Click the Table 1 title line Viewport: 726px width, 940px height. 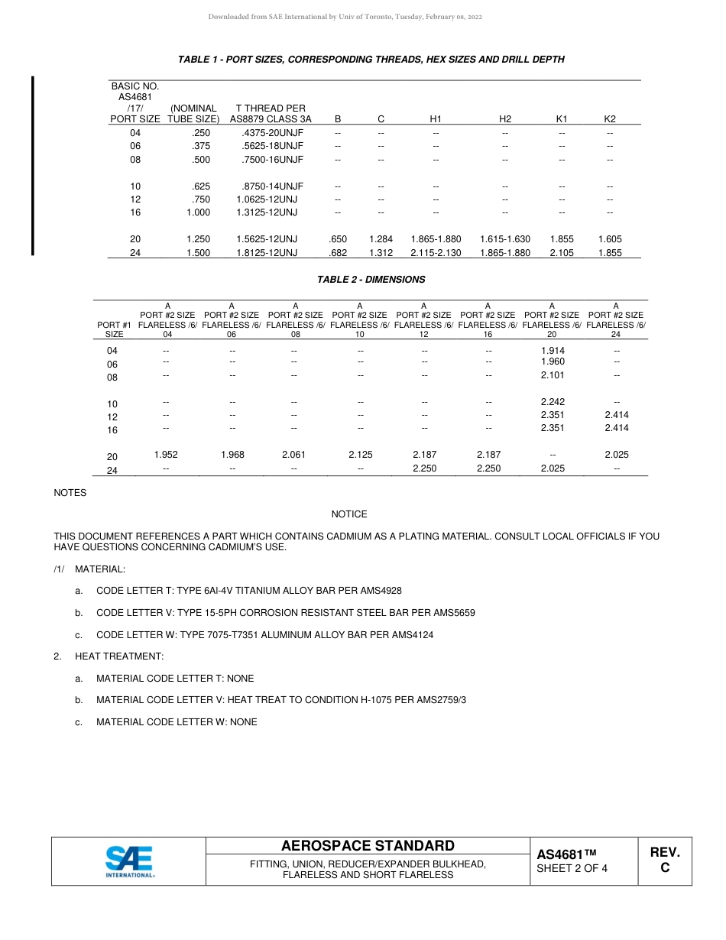tap(371, 60)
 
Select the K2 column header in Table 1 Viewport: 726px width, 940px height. tap(610, 119)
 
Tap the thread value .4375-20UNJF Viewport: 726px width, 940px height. tap(274, 133)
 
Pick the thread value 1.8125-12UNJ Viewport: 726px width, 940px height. tap(267, 253)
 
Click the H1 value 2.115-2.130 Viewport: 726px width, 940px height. tap(436, 253)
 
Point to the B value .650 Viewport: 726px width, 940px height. tap(337, 239)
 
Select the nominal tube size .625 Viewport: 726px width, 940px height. tap(201, 186)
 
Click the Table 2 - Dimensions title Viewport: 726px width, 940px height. tap(371, 280)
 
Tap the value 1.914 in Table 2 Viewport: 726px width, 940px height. tap(553, 351)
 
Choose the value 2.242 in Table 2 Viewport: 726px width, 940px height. tap(553, 402)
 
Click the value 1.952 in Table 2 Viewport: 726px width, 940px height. tap(166, 455)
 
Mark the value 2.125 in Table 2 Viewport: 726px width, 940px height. tap(361, 455)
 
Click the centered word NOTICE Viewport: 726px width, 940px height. tap(349, 514)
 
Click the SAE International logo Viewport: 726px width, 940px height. tap(129, 861)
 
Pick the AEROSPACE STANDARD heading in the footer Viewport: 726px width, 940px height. tap(368, 846)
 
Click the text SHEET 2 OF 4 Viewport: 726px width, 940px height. tap(572, 868)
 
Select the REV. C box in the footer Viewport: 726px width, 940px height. tap(665, 861)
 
